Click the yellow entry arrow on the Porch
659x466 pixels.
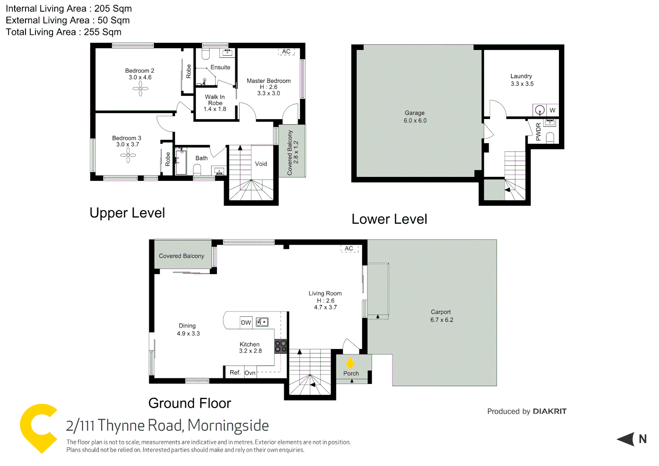350,363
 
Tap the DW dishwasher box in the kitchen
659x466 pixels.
246,322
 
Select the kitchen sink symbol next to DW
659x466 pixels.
262,322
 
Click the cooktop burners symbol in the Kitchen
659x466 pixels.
280,346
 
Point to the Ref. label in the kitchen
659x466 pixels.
235,372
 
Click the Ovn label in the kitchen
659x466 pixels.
250,373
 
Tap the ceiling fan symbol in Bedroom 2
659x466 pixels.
140,89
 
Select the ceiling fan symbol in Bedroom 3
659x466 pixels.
128,156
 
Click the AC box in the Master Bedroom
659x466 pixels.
286,52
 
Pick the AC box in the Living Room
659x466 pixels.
349,249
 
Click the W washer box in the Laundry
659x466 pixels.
552,110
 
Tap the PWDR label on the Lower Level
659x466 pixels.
538,132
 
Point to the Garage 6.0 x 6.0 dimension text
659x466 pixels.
415,121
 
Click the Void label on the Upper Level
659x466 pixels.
261,164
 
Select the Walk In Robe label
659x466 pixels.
215,100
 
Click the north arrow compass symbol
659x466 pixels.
627,439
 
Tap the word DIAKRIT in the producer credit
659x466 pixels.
549,411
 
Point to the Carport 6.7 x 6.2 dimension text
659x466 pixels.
442,320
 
